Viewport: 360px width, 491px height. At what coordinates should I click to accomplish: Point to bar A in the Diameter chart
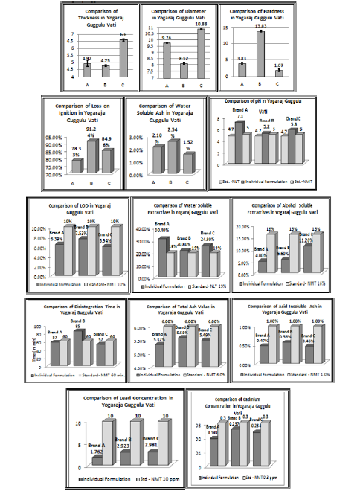167,60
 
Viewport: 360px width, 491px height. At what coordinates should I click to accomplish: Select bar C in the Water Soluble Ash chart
189,162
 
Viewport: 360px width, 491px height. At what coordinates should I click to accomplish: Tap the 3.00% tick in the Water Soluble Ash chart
135,138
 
